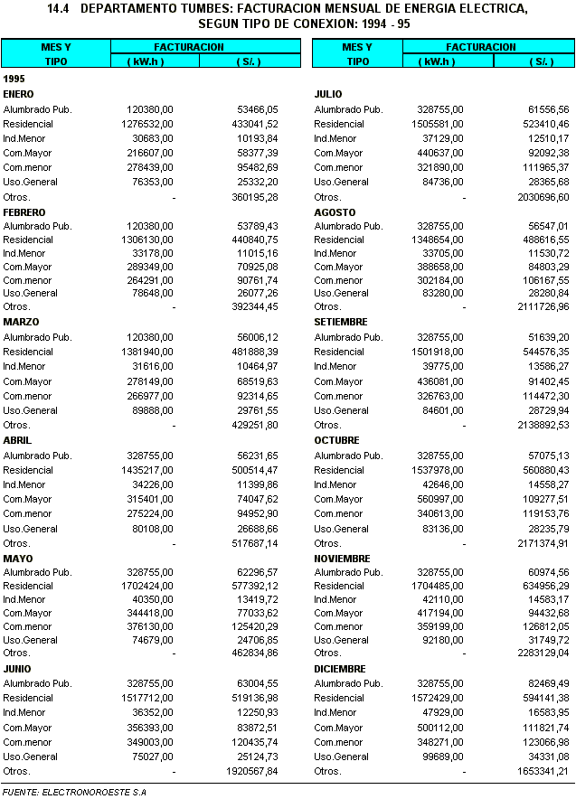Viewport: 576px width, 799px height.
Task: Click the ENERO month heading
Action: point(18,94)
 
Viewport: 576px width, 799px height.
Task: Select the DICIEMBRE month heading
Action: point(339,669)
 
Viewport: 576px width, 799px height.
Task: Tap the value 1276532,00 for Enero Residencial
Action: point(147,124)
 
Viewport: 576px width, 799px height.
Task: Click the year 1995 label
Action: point(14,79)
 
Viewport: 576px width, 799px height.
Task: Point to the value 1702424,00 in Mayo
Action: point(147,585)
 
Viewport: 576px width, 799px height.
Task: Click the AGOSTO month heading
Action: point(334,212)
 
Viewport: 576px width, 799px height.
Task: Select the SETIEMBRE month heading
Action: point(341,322)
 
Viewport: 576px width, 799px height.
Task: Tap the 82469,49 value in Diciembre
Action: point(543,683)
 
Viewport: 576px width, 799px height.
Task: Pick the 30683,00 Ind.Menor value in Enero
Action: point(153,138)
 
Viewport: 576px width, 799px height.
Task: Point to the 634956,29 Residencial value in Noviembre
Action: point(539,585)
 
